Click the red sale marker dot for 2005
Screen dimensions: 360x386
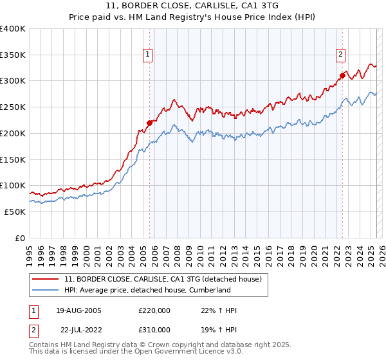point(149,122)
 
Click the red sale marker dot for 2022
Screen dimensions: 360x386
point(342,75)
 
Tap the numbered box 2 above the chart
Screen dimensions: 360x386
point(340,55)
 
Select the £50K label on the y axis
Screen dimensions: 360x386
point(15,212)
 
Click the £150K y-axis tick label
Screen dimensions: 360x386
point(12,159)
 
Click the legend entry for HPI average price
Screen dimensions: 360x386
point(147,290)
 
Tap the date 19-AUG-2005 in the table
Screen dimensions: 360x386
point(78,310)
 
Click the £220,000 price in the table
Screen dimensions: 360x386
point(154,310)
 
